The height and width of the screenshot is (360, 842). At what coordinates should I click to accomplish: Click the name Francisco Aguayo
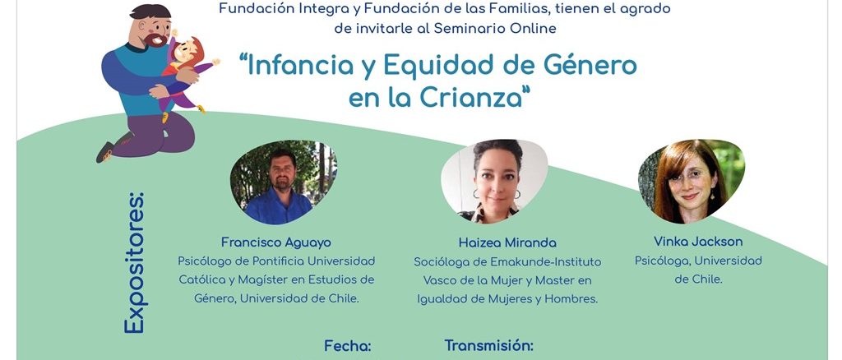coord(276,242)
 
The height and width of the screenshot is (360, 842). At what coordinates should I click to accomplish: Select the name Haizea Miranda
coord(507,243)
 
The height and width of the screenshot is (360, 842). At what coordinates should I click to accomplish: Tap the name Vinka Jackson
coord(698,242)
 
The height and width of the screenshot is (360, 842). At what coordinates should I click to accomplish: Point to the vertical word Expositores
coord(134,263)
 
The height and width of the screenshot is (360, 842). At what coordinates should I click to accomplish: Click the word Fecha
coord(348,346)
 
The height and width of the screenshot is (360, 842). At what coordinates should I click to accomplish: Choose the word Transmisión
coord(488,345)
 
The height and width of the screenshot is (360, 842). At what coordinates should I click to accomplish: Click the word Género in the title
coord(590,66)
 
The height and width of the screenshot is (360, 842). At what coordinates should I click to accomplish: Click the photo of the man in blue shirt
coord(283,182)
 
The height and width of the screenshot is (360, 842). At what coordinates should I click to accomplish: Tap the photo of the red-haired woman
coord(691,182)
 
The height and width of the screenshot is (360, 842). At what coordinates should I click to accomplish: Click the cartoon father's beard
coord(156,39)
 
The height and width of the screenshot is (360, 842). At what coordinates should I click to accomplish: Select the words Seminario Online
coord(495,29)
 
